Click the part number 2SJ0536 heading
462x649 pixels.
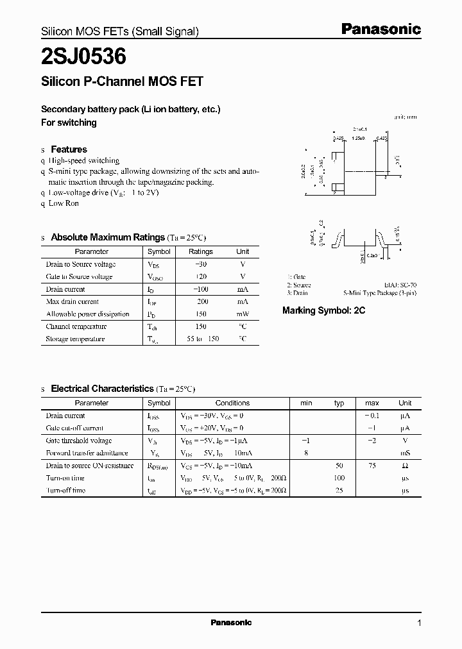83,57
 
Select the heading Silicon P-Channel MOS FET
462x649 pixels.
122,81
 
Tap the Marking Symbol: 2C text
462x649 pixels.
323,310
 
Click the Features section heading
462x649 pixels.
69,149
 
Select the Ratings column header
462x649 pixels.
201,251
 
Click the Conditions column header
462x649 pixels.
232,403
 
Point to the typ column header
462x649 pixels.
339,403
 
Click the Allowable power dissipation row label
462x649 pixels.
87,314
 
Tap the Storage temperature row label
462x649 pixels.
75,339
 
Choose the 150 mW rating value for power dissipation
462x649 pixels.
201,314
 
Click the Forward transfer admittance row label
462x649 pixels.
87,453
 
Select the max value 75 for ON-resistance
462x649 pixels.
372,466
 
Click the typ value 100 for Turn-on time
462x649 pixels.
339,478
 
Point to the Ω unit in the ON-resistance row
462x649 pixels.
405,466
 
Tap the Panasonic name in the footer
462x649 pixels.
231,623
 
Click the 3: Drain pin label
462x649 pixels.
298,293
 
